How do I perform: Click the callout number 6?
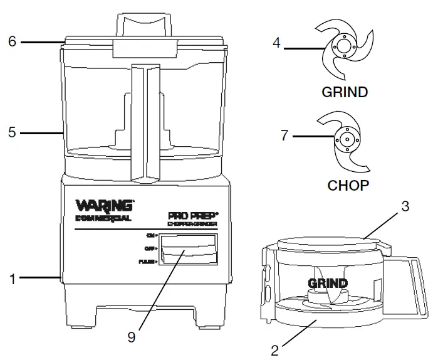coord(11,42)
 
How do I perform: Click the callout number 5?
coord(11,133)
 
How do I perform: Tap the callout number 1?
coord(11,277)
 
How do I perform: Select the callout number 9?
coord(131,337)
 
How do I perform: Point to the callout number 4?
coord(276,43)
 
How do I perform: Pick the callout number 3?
coord(405,206)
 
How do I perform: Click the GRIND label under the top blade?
coord(344,92)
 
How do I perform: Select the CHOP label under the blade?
coord(348,186)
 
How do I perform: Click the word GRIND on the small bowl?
coord(327,283)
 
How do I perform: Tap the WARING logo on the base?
coord(104,206)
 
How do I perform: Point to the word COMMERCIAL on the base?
coord(103,218)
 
